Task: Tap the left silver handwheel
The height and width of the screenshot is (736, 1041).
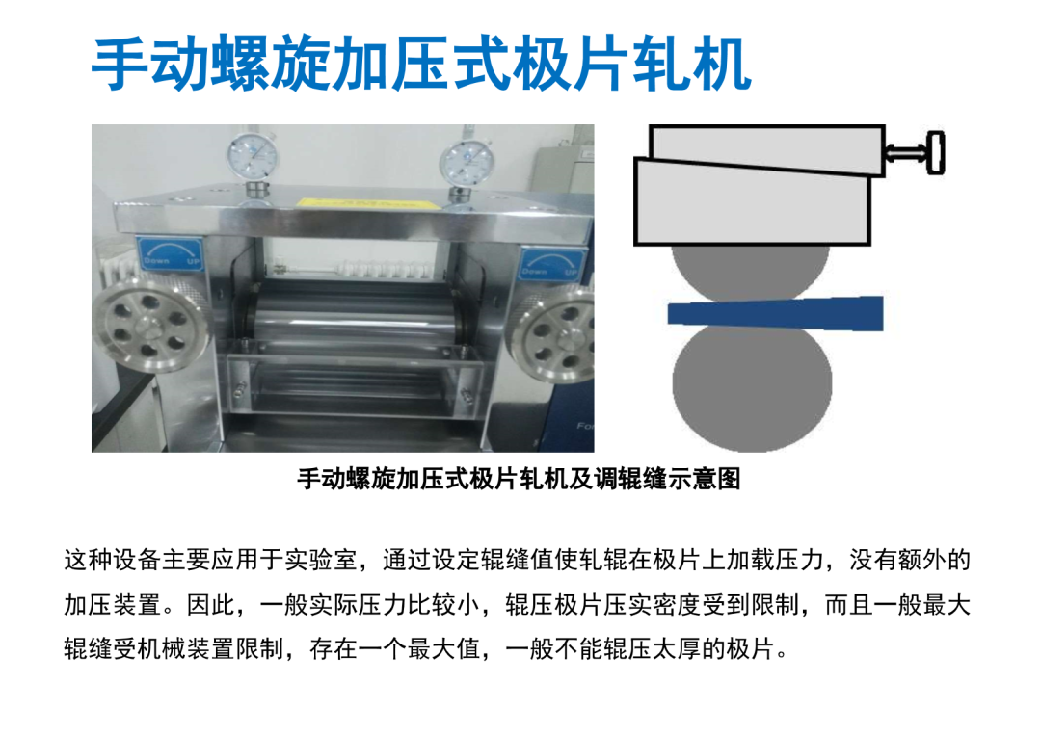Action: [x=150, y=328]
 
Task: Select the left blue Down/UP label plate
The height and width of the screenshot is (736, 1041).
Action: [x=171, y=254]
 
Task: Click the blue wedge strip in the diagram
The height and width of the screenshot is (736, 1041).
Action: [x=775, y=312]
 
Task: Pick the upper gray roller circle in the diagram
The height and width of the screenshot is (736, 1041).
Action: [x=750, y=272]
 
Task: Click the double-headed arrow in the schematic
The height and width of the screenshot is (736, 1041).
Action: [x=906, y=153]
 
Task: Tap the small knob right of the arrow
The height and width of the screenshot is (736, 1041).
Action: [x=936, y=153]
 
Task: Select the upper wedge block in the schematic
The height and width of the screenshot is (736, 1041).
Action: [x=767, y=150]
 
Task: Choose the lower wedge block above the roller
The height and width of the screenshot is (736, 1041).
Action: [x=752, y=201]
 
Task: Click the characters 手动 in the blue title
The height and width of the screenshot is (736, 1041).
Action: [x=150, y=65]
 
